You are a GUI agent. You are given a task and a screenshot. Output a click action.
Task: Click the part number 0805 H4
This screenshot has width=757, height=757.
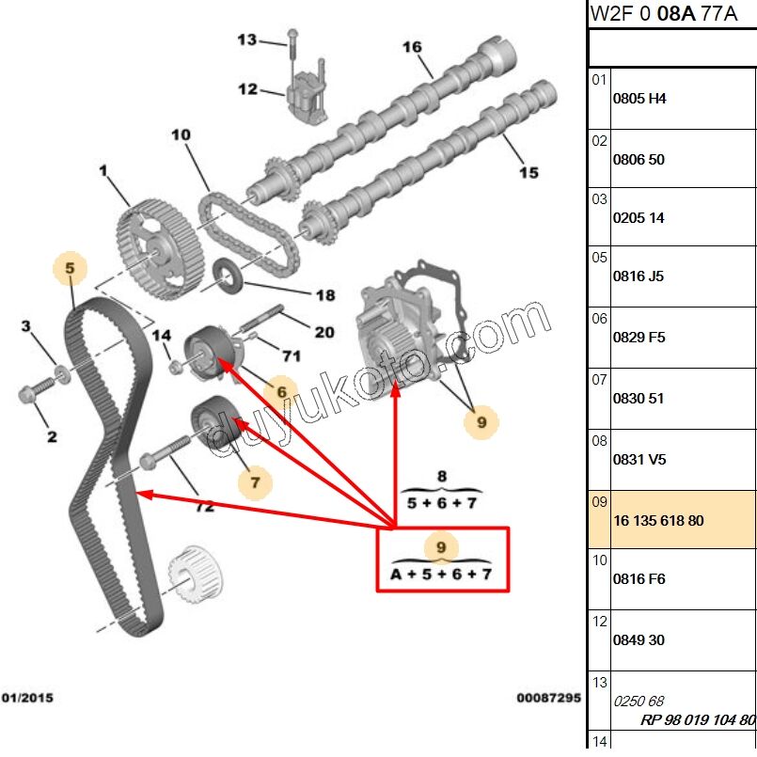639,98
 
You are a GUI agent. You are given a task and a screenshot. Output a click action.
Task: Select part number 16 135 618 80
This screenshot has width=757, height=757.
658,520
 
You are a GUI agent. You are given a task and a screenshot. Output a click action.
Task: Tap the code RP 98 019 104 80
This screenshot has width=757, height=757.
698,720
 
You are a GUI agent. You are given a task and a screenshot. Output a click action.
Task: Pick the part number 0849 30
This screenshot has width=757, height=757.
639,639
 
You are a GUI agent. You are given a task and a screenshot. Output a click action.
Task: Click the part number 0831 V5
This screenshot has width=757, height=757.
639,460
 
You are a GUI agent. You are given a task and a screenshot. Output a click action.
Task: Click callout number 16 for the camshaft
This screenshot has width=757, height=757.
412,47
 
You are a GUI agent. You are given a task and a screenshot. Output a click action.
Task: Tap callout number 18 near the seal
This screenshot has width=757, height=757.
324,295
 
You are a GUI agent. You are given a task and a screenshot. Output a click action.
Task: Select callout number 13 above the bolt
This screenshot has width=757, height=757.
246,39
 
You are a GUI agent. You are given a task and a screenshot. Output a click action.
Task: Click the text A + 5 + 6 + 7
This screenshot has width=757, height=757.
442,574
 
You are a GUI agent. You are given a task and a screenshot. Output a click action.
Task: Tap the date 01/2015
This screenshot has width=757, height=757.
27,698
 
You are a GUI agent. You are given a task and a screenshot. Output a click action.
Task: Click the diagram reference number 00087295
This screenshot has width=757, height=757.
548,698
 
